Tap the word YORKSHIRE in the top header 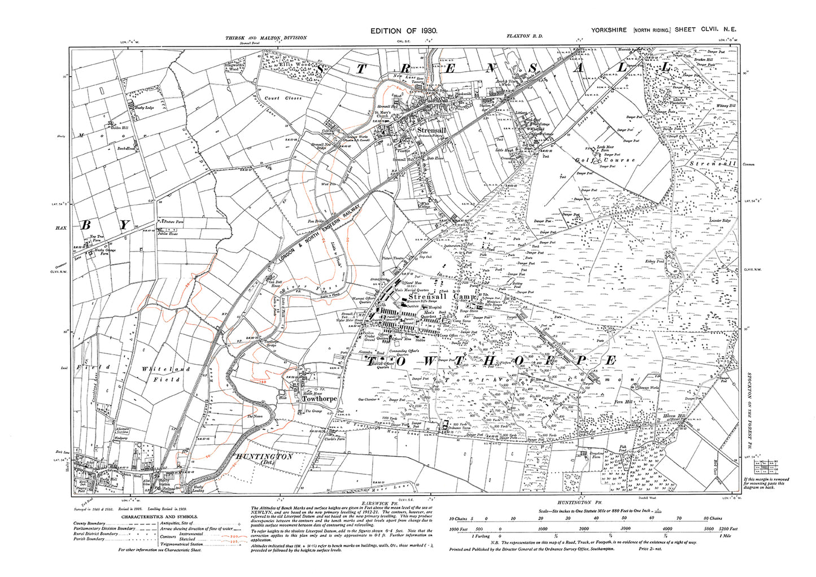[x=609, y=30]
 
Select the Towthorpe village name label [x=320, y=399]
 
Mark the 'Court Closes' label [x=283, y=98]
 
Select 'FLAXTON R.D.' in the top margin [x=525, y=36]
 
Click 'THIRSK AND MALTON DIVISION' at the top [x=266, y=38]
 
